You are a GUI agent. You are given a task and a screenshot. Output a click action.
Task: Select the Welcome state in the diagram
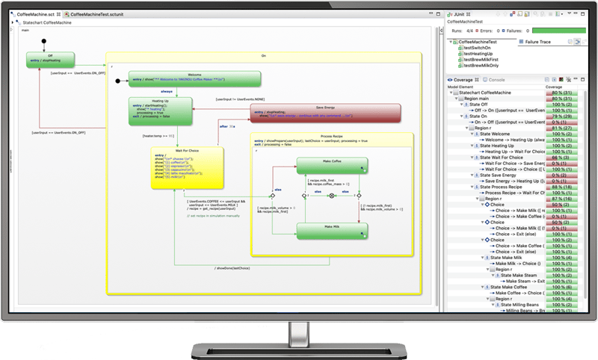pos(194,78)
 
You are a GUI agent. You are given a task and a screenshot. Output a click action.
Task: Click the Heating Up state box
pos(160,110)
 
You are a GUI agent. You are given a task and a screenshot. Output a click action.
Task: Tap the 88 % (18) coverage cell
pos(559,186)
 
